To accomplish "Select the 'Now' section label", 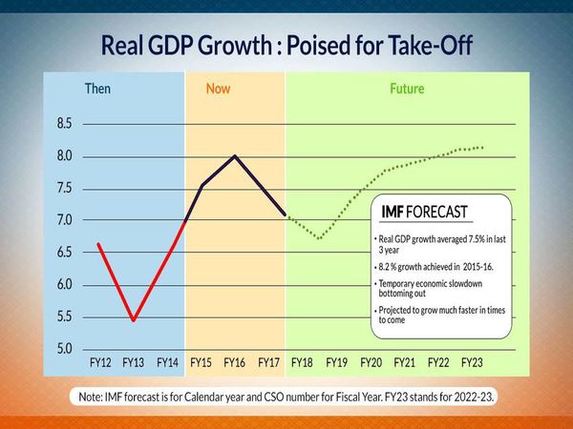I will pyautogui.click(x=219, y=90).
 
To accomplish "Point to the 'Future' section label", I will pyautogui.click(x=406, y=90).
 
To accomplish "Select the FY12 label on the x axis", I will pyautogui.click(x=98, y=363).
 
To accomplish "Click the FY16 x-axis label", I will pyautogui.click(x=235, y=363).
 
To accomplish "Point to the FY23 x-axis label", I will pyautogui.click(x=473, y=363).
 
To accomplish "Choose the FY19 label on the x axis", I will pyautogui.click(x=336, y=363).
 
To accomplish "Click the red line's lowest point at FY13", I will pyautogui.click(x=133, y=320).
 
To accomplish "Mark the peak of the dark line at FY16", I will pyautogui.click(x=235, y=155).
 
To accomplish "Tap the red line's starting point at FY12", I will pyautogui.click(x=99, y=244).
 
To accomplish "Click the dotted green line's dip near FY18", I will pyautogui.click(x=319, y=237).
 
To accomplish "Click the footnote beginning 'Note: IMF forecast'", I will pyautogui.click(x=286, y=395).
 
